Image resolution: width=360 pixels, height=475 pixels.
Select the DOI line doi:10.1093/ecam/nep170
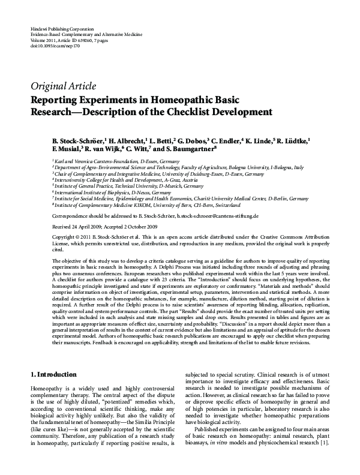pos(54,45)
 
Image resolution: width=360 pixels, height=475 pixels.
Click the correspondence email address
pos(252,215)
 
